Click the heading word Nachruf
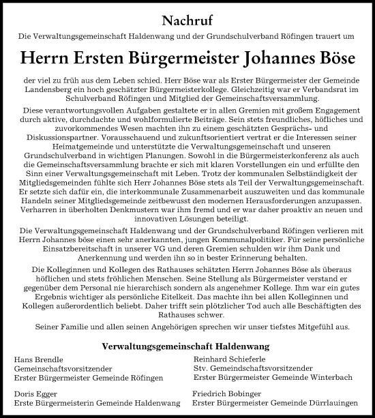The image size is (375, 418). pos(187,20)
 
